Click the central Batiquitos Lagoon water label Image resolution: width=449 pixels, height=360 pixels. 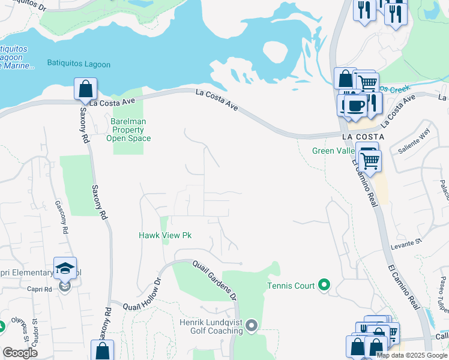[x=79, y=64]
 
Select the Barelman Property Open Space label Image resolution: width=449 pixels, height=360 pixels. [x=128, y=130]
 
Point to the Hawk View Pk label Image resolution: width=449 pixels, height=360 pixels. [x=165, y=236]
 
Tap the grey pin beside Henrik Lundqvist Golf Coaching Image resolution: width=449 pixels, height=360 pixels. [x=252, y=326]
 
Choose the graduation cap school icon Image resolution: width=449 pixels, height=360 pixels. [x=65, y=268]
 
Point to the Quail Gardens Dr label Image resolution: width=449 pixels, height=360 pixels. [x=215, y=281]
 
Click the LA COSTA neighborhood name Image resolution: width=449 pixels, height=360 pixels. [x=358, y=137]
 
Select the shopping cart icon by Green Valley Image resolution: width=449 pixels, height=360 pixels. [x=371, y=160]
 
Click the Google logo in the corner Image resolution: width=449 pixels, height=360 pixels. [x=20, y=353]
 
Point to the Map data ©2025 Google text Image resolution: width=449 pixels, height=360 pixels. [x=412, y=355]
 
